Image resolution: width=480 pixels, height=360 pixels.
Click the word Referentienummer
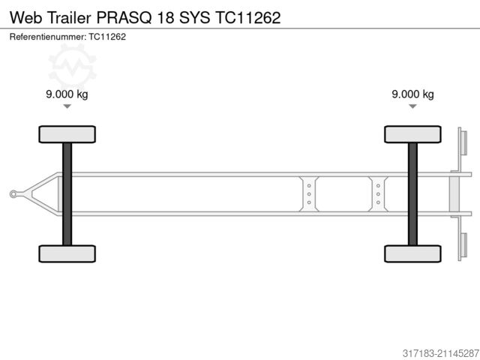click(47, 36)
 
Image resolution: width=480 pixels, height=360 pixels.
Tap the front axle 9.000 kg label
click(67, 94)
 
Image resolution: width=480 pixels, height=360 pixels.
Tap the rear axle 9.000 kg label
click(412, 94)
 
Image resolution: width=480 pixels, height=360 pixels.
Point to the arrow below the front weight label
click(67, 107)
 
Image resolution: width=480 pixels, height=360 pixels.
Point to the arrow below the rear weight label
click(412, 107)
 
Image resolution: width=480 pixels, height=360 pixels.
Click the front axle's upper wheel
click(67, 134)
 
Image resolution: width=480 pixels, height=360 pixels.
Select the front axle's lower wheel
click(67, 253)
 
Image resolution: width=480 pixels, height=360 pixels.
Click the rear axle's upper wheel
click(412, 134)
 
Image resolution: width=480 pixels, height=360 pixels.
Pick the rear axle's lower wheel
click(412, 253)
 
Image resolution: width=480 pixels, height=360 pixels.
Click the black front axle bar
click(67, 193)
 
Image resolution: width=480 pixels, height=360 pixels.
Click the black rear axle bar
click(412, 193)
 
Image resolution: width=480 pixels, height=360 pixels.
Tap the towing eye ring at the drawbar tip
click(13, 194)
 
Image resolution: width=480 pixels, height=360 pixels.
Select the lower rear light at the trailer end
click(463, 245)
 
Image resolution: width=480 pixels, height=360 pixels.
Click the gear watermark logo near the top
click(73, 64)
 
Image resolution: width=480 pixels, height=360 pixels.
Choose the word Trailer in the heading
click(70, 16)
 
